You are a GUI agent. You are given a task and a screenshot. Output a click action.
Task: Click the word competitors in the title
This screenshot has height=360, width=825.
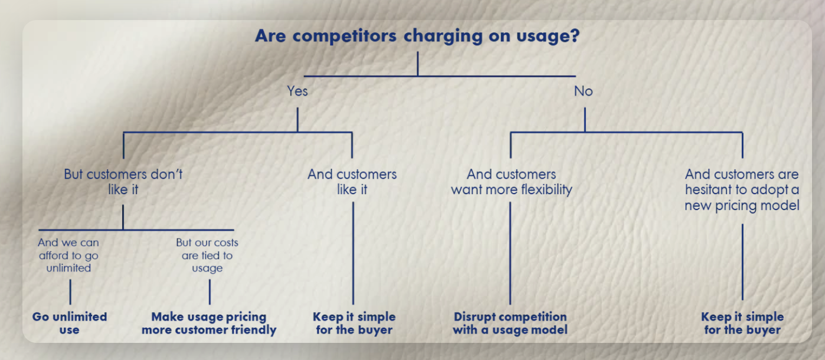pos(345,36)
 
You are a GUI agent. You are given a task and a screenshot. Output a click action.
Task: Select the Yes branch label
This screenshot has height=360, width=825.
pos(297,91)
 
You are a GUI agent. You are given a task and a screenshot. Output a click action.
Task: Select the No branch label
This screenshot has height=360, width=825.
pos(584,91)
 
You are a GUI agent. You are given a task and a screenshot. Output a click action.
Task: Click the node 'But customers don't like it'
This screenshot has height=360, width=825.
pos(123,182)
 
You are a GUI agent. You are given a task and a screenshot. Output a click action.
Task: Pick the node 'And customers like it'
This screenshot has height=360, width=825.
pos(352,182)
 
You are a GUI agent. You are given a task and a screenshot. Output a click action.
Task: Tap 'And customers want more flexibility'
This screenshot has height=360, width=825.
pos(512,182)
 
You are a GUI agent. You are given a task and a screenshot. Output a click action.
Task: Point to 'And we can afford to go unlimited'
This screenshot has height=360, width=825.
pos(68,255)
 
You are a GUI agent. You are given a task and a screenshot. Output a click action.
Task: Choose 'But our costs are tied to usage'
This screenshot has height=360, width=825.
pos(207,255)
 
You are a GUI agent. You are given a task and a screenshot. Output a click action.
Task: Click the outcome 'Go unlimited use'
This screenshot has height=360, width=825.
pos(70,323)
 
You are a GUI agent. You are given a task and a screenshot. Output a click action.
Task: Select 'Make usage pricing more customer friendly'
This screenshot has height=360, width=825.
pos(209,323)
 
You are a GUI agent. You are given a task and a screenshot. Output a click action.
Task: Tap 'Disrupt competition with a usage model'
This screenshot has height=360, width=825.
pos(510,323)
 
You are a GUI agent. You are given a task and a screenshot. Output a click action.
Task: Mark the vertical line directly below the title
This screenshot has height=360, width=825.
pos(418,64)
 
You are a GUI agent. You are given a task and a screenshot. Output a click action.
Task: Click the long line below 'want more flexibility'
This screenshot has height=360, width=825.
pos(510,253)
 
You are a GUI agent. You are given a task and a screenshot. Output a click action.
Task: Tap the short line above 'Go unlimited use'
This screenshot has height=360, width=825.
pos(70,292)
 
